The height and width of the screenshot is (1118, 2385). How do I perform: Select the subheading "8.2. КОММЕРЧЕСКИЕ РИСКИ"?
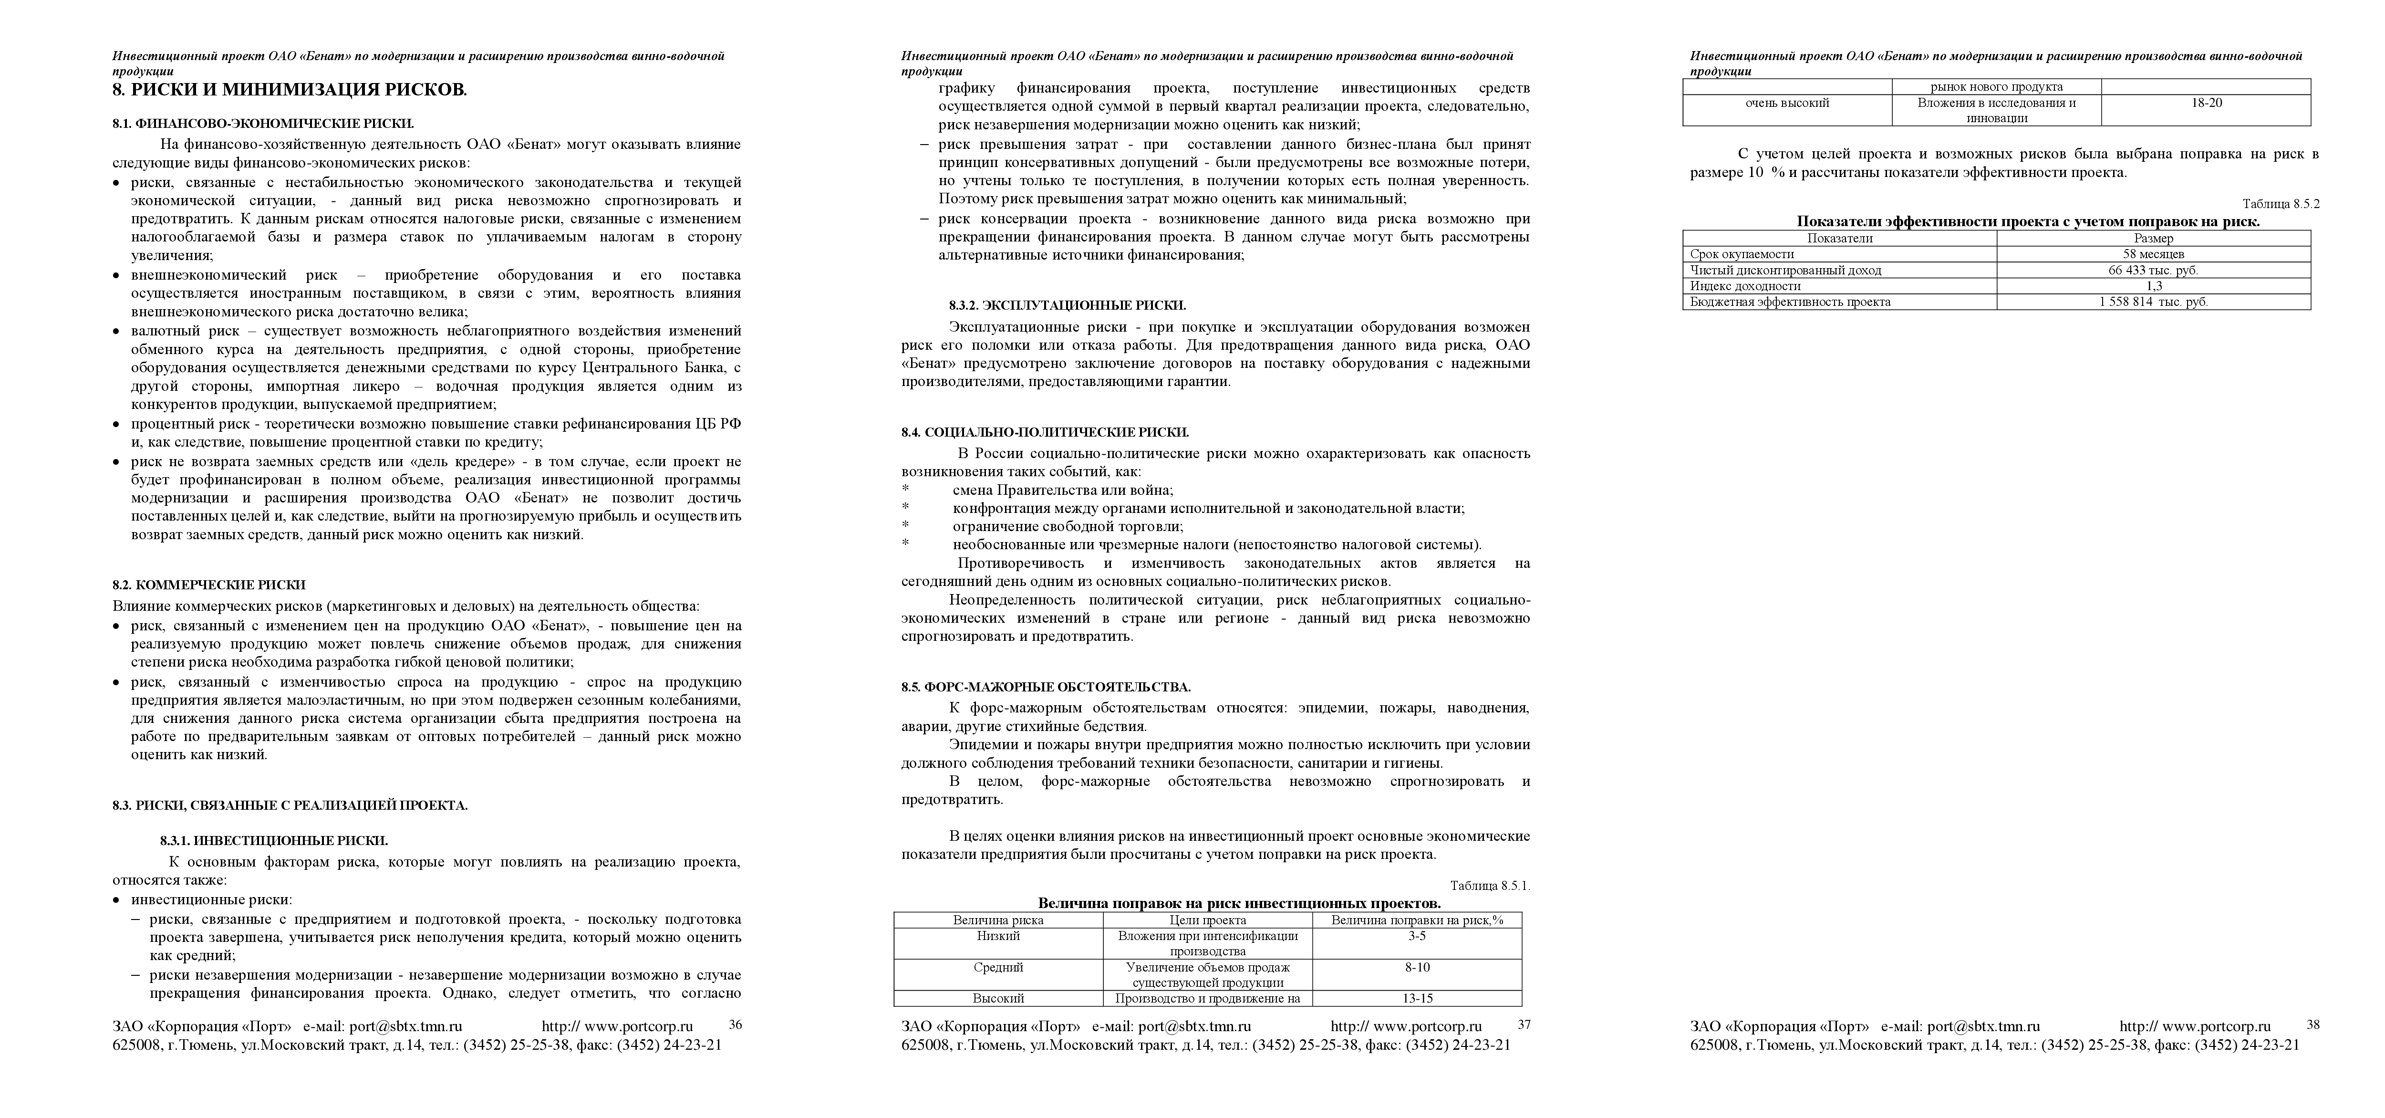click(x=209, y=585)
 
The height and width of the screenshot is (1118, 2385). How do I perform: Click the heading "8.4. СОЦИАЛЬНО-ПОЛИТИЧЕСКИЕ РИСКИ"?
click(x=1045, y=433)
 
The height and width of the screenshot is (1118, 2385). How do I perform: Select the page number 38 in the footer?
click(x=2313, y=1024)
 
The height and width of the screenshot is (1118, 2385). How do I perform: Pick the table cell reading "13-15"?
click(x=1417, y=999)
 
